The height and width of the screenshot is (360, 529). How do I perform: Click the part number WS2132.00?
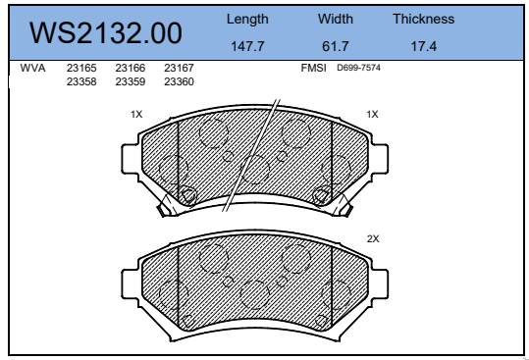point(106,33)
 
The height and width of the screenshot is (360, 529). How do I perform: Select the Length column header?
point(247,20)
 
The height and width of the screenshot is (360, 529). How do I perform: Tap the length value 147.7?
point(247,46)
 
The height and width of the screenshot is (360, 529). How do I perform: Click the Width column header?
point(336,19)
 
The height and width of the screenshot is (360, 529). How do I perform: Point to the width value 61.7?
point(336,46)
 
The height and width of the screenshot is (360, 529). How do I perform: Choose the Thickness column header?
point(423,19)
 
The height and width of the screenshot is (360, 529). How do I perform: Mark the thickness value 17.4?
point(423,46)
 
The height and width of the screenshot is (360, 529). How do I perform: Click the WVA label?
point(32,68)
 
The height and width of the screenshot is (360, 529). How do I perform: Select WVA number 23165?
point(81,68)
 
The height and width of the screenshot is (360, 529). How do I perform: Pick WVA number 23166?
point(131,68)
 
